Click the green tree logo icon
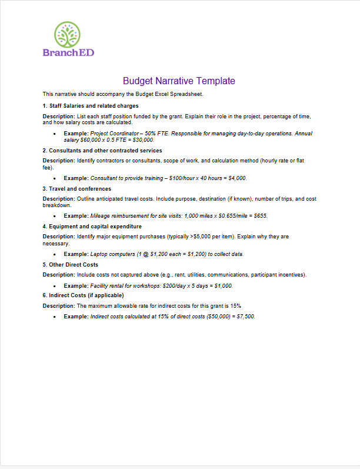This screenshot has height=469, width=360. tap(68, 35)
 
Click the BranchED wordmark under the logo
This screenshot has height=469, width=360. tap(68, 52)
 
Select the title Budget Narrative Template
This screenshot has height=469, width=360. tap(179, 81)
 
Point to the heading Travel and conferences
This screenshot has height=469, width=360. tap(77, 189)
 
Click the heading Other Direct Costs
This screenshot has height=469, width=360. tap(72, 265)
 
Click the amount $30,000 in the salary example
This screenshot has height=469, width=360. tap(142, 140)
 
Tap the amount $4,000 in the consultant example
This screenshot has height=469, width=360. tap(235, 178)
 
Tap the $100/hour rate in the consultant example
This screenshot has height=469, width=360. tap(182, 178)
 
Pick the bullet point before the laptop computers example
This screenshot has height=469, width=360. tap(54, 254)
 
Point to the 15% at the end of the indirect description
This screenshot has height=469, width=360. tap(236, 306)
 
